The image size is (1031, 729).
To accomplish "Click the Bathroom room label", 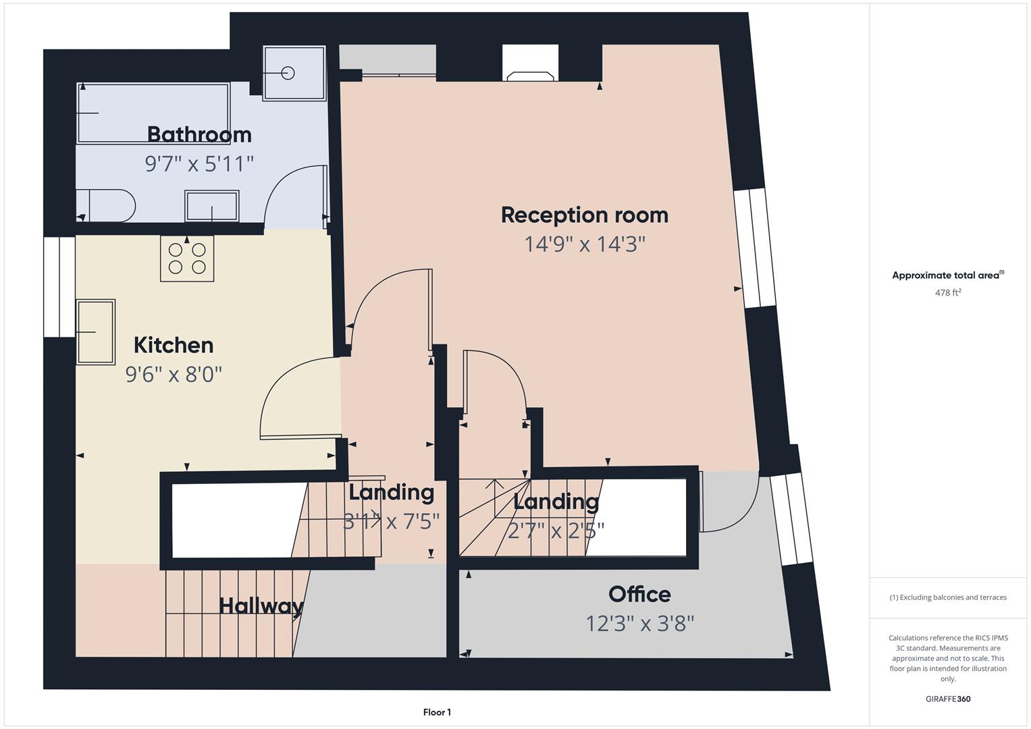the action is coord(199,134).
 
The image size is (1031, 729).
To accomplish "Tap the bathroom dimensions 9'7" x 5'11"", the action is coord(199,164).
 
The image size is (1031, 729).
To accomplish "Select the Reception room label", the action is coord(585,215).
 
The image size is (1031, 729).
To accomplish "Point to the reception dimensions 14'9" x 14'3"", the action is coord(585,244).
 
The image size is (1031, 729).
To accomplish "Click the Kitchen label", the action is coord(174,345).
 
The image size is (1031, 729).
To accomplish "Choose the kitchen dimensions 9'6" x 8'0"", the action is coord(174,375).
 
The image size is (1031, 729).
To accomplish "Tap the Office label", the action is coord(639,595).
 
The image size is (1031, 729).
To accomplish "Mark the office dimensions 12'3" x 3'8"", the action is coord(639,624).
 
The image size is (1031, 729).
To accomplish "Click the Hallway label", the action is coord(261,606).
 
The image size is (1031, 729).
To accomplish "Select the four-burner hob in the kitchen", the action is coord(187,259).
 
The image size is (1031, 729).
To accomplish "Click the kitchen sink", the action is coord(95,332).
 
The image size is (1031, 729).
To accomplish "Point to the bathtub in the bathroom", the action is coord(153,113).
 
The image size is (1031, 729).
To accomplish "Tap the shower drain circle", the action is coord(288,73).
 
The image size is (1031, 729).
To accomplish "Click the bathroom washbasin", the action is coord(212,206).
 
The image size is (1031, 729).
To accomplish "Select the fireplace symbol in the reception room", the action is coord(530,76).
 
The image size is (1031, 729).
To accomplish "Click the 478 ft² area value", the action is coord(948,292).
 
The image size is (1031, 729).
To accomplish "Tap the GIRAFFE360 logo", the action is coord(948,699).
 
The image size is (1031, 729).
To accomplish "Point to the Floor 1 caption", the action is coord(438,712).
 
